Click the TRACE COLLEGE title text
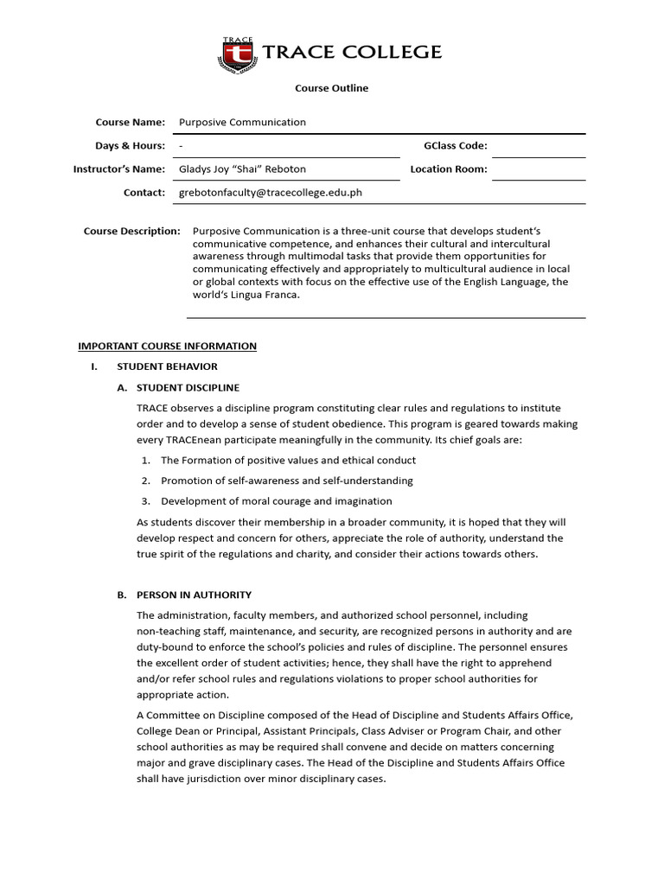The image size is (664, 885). [351, 53]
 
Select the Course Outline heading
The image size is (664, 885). [331, 88]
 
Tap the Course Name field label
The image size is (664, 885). [130, 122]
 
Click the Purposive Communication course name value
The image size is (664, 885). [242, 122]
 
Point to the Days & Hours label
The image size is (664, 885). [130, 145]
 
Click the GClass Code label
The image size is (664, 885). [455, 145]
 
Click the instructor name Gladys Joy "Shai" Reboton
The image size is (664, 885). [242, 169]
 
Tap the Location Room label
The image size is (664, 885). [449, 169]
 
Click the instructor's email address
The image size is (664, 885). [270, 192]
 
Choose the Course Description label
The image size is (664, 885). [132, 231]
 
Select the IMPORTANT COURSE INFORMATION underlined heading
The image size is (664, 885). [167, 346]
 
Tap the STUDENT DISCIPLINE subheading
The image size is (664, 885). [188, 387]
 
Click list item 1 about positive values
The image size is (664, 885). [288, 460]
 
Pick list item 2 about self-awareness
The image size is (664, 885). [286, 480]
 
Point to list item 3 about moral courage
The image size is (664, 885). [276, 500]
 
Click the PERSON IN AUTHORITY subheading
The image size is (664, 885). [194, 595]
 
